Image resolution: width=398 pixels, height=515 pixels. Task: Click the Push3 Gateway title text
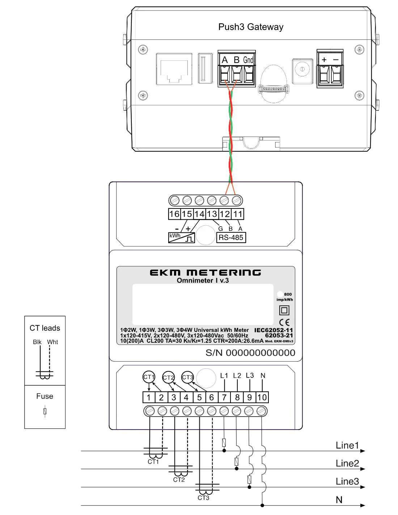tap(251, 27)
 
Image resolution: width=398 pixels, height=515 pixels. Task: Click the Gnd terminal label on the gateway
tap(248, 60)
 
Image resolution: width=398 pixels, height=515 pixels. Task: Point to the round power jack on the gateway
tap(302, 69)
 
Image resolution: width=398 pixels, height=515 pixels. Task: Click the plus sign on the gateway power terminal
tap(324, 60)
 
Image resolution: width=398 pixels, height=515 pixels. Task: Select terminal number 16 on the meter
tap(174, 214)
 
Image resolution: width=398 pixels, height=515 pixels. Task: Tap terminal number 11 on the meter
tap(237, 214)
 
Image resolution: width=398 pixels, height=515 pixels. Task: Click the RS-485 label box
tap(231, 237)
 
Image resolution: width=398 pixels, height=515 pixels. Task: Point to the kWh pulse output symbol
tap(182, 237)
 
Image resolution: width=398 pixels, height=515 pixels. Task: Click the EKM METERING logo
tap(205, 273)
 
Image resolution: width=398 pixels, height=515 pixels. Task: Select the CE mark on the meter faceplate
tap(284, 322)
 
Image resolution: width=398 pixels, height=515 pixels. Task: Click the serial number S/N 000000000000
tap(250, 353)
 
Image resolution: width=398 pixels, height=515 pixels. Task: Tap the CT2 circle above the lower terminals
tap(168, 377)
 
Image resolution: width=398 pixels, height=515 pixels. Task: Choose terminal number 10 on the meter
tap(262, 397)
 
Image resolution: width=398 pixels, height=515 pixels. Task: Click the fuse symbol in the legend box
tap(45, 411)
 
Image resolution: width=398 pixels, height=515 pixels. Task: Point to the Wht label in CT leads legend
tap(52, 342)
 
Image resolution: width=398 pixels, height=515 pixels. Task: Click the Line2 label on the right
tap(347, 463)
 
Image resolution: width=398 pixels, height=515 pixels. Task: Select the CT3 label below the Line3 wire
tap(203, 498)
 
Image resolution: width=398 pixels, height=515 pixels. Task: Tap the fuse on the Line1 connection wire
tap(224, 442)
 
